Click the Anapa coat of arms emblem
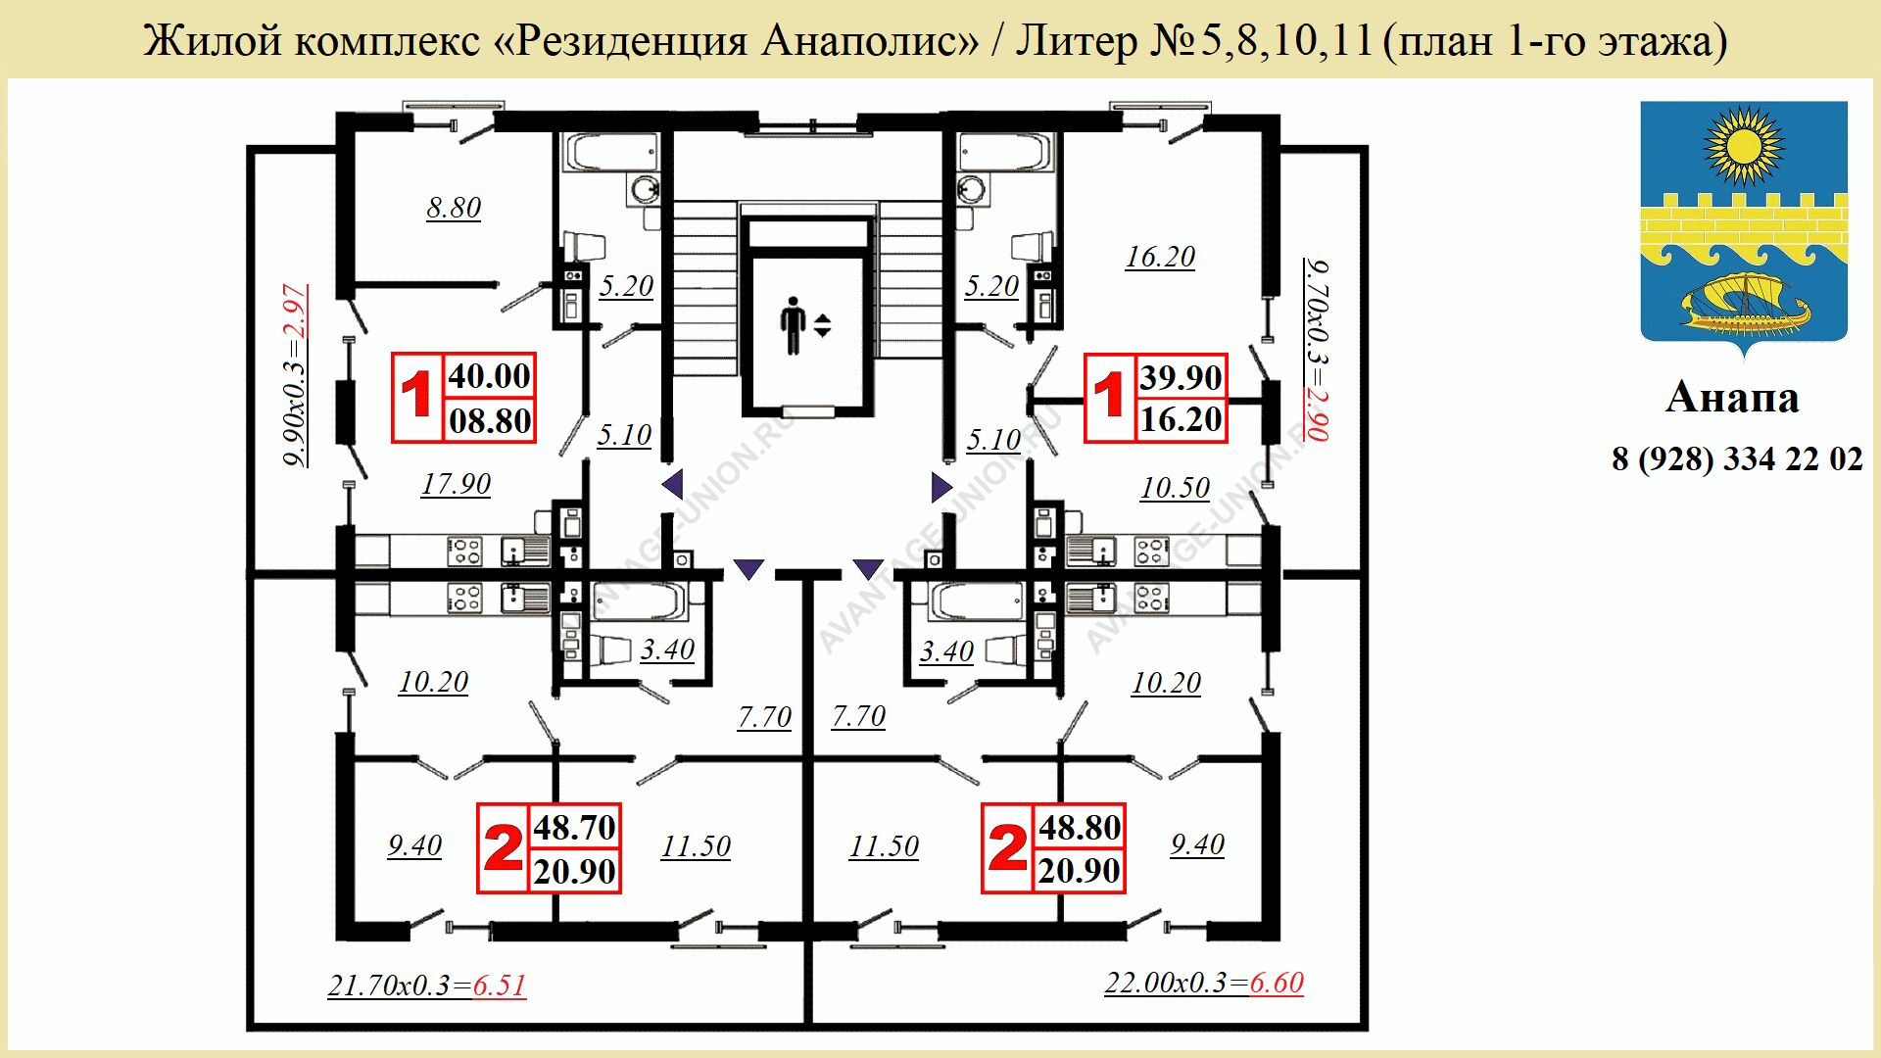[x=1744, y=225]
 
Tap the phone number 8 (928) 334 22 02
[x=1737, y=458]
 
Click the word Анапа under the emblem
[x=1732, y=397]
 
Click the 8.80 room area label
[x=454, y=208]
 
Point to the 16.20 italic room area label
[x=1160, y=257]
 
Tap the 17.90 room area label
[x=456, y=484]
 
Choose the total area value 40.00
[x=489, y=376]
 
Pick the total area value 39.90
[x=1181, y=377]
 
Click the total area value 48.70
[x=574, y=828]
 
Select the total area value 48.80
[x=1080, y=828]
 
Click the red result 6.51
[x=500, y=986]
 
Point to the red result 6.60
[x=1277, y=983]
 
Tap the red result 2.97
[x=295, y=312]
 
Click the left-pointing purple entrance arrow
[x=672, y=484]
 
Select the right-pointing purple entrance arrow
[x=941, y=487]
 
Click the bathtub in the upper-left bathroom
[x=611, y=153]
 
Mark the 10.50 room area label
[x=1175, y=488]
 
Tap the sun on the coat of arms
[x=1744, y=147]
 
